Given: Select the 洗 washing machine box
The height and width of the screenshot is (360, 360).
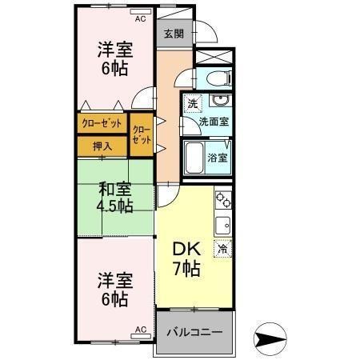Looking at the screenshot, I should (x=193, y=104).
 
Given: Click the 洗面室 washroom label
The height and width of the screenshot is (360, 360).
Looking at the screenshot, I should (x=214, y=122).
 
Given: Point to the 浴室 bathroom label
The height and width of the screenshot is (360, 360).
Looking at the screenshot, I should (x=218, y=157).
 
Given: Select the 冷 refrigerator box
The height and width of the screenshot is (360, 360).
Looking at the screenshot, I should (x=222, y=249).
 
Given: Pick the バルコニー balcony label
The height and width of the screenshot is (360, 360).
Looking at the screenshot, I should (x=194, y=331).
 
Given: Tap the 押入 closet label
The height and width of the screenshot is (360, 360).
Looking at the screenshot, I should (x=102, y=146).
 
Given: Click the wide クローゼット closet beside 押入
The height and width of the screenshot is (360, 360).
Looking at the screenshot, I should (x=102, y=123).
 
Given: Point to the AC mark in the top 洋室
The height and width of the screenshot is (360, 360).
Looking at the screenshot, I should (x=140, y=18).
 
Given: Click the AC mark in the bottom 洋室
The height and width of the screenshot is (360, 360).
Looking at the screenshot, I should (x=141, y=329).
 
